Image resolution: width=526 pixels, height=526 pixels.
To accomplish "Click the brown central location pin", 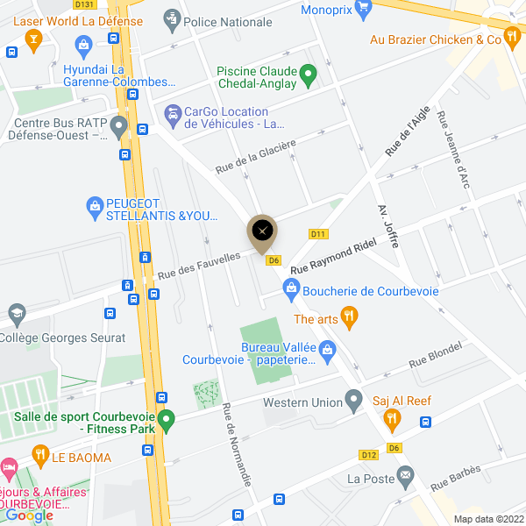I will coord(261,232).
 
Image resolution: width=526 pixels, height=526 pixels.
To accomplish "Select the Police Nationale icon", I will coord(172,19).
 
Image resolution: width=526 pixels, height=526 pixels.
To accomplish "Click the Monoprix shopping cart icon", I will coord(386,5).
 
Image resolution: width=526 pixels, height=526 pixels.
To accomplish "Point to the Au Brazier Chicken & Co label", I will coord(435,39).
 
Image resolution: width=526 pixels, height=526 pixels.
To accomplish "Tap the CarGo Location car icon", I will coord(172,113).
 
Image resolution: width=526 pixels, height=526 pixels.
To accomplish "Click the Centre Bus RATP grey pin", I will coord(118,128).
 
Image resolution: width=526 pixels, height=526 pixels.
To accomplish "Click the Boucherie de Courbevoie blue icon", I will coord(291,289).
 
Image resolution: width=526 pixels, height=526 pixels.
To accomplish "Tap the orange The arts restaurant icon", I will coord(350,318).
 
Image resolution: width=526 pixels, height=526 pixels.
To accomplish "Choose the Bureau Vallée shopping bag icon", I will coord(328,352).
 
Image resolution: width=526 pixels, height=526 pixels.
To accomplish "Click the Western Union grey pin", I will coord(354,402).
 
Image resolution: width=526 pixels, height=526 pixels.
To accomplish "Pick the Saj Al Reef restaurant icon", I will coord(392,420).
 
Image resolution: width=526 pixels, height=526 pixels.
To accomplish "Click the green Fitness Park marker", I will coord(165,422).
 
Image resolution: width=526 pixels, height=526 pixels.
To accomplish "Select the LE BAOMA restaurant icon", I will coord(39,454).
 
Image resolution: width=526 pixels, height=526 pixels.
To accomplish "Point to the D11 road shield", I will coord(318,234).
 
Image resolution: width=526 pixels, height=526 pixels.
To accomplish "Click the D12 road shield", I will coord(368,455).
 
